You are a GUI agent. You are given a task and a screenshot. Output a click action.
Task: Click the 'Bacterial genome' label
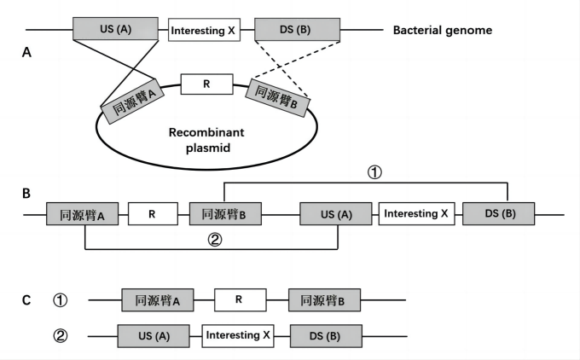click(442, 31)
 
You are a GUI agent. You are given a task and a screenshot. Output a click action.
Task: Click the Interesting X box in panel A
click(203, 31)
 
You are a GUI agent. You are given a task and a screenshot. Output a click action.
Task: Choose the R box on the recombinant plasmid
click(206, 85)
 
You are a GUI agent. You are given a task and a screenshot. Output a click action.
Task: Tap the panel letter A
click(27, 53)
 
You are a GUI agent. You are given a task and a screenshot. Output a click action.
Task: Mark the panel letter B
click(27, 194)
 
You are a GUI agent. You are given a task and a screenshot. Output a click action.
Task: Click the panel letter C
click(27, 300)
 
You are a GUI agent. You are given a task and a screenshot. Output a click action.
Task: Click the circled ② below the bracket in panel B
click(215, 240)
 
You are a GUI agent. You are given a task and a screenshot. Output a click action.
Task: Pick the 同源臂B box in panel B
click(225, 214)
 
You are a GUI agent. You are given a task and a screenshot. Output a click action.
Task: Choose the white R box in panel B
click(153, 214)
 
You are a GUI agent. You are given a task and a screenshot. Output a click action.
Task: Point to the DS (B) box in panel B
click(498, 214)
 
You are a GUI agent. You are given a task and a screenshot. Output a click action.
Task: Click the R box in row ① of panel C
click(240, 300)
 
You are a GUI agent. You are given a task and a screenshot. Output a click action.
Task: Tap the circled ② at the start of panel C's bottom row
click(60, 335)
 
